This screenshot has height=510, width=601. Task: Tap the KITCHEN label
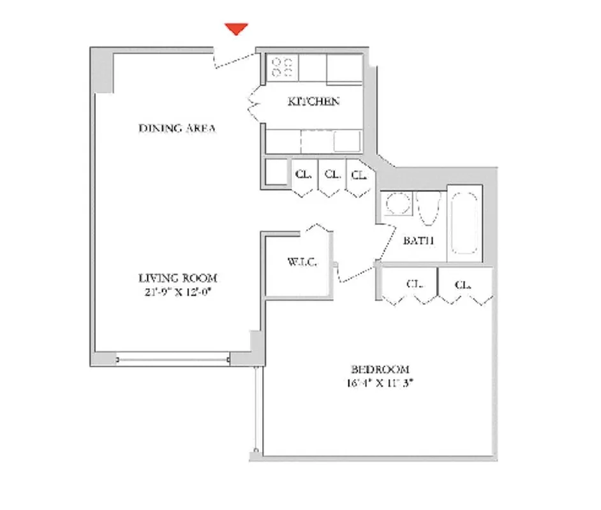tap(313, 101)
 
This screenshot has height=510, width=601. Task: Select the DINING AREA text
tap(177, 129)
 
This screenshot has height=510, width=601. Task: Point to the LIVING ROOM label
tap(178, 278)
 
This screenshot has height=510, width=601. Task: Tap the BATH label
tap(419, 241)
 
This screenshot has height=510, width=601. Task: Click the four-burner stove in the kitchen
tap(281, 67)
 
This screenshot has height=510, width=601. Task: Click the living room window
tap(173, 360)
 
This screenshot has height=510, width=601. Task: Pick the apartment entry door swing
tap(235, 59)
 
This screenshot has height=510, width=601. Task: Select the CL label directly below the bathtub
tap(463, 284)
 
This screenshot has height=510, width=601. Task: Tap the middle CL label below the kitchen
tap(331, 174)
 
